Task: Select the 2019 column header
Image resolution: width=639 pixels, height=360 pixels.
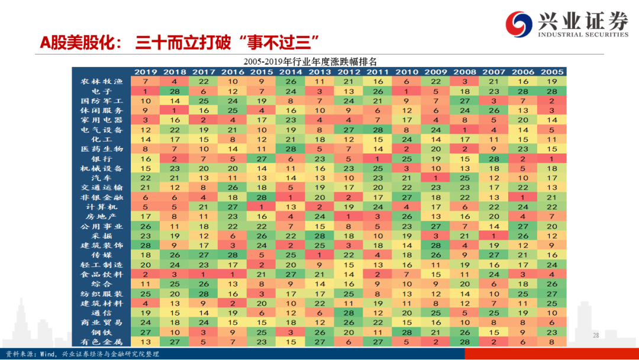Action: tap(146, 72)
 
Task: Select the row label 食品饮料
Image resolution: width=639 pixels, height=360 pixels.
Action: tap(102, 274)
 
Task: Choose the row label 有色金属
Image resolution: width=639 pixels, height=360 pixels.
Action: tap(102, 342)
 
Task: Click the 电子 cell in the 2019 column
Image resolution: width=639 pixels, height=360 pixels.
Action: tap(146, 91)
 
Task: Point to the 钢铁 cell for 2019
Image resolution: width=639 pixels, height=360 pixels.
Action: tap(146, 332)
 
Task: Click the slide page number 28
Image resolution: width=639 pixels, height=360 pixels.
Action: tap(596, 336)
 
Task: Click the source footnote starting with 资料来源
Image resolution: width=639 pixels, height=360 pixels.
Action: tap(83, 353)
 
